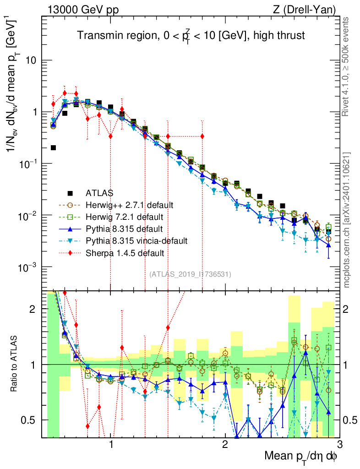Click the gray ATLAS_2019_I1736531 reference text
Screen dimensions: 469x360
tap(190, 274)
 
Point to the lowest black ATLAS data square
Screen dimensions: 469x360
tap(54, 147)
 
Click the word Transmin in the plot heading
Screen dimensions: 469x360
tap(94, 35)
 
